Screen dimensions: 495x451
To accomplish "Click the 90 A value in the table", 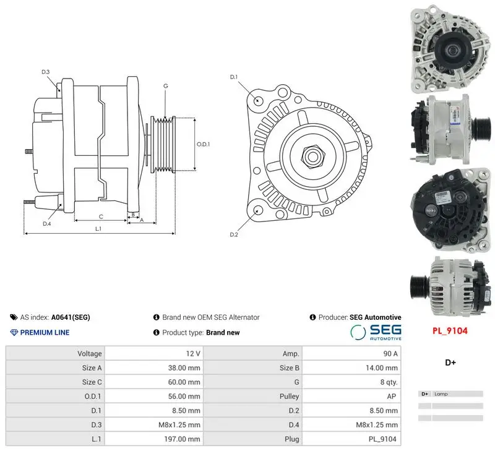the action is coord(390,353).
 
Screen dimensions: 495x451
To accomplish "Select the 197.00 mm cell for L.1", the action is coord(182,439).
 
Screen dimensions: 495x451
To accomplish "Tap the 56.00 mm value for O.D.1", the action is coord(184,396).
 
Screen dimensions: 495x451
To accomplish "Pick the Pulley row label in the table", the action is coord(289,397).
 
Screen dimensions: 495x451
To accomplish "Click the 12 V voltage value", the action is coord(193,353).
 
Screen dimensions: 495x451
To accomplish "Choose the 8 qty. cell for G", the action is coord(389,382).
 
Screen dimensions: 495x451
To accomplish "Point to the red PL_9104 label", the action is coord(450,331).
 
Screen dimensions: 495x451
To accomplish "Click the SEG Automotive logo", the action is coord(376,333).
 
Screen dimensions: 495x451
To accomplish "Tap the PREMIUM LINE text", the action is coord(45,332).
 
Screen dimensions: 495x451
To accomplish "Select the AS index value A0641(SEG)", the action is coord(71,317).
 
